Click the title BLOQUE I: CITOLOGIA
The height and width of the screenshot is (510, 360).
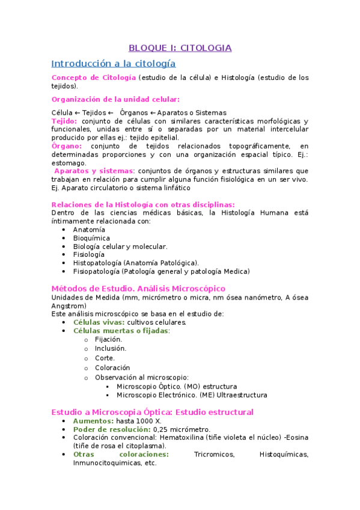point(180,48)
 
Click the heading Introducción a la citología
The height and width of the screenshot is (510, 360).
point(114,63)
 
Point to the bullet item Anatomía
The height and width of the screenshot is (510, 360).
point(89,230)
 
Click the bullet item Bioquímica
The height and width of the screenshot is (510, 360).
point(91,238)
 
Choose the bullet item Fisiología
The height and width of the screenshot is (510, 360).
point(89,254)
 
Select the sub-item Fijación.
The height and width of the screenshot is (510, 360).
point(108,339)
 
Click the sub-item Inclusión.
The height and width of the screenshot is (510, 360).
point(111,348)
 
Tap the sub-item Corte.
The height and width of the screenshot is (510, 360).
point(105,358)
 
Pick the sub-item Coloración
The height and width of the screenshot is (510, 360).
point(112,367)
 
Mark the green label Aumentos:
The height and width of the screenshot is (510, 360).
point(93,422)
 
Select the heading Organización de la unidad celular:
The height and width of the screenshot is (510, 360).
point(115,99)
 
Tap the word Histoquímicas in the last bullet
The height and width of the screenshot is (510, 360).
point(284,455)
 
